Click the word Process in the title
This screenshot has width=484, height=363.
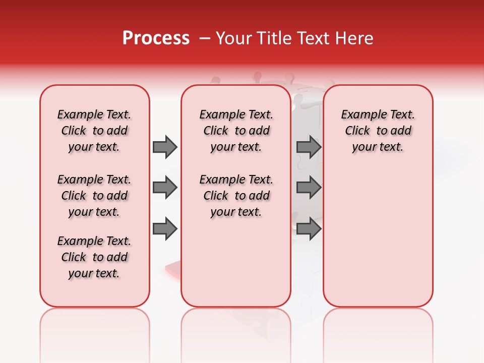pos(156,38)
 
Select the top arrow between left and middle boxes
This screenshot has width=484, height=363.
pos(165,147)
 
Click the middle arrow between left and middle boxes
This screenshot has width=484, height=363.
pos(165,188)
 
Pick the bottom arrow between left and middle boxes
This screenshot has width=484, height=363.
pos(165,229)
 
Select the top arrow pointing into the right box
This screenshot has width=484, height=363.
pos(309,147)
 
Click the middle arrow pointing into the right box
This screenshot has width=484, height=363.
pos(309,188)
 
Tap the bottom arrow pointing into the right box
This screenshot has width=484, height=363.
pos(309,229)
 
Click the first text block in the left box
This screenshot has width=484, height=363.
pos(94,131)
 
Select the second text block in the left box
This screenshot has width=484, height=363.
pos(94,196)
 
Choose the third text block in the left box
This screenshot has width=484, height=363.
pos(94,257)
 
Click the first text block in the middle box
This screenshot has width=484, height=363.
pos(236,131)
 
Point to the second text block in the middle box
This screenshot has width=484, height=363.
pos(236,196)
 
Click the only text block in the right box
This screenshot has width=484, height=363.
pos(378,131)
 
